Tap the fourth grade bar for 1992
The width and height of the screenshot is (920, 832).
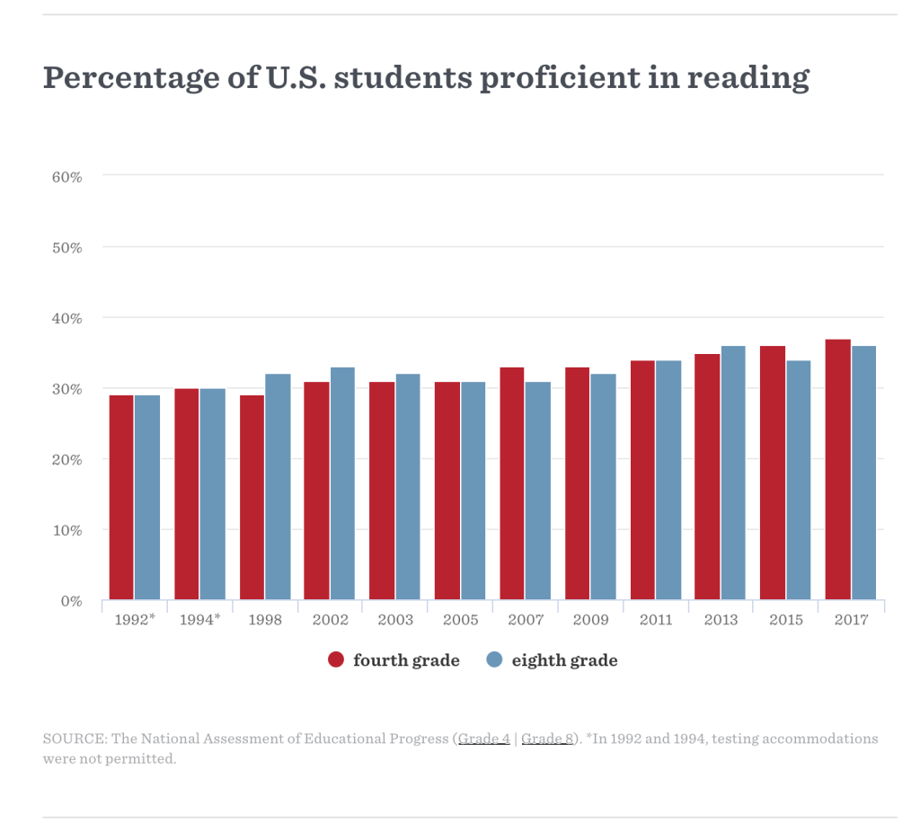(121, 498)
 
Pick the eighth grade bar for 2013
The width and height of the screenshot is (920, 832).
(733, 473)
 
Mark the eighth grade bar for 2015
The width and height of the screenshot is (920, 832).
(799, 480)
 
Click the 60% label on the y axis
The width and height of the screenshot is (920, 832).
(67, 177)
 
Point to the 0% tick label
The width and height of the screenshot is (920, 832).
(71, 601)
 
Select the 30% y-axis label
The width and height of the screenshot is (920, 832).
(67, 389)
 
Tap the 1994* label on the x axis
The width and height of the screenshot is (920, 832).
(199, 621)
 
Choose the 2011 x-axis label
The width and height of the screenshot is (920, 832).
(656, 621)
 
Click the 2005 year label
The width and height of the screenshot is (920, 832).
(460, 621)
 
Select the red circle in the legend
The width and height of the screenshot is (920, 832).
(337, 660)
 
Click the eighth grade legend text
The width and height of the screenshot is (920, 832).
(564, 660)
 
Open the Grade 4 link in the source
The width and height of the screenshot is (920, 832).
(484, 739)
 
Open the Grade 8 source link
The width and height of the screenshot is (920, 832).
(547, 739)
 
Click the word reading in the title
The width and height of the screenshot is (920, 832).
(748, 78)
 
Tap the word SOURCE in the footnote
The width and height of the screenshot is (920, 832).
(73, 739)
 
